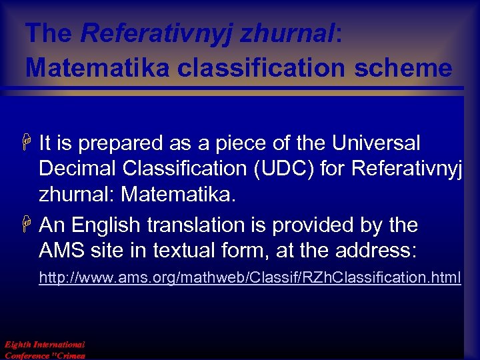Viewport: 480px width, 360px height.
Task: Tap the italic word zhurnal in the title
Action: point(289,33)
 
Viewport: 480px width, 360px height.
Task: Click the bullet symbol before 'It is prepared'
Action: point(29,143)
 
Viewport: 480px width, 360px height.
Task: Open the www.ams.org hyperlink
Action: point(249,277)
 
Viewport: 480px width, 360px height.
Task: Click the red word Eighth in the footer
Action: point(17,345)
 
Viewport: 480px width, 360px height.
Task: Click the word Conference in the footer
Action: point(25,355)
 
